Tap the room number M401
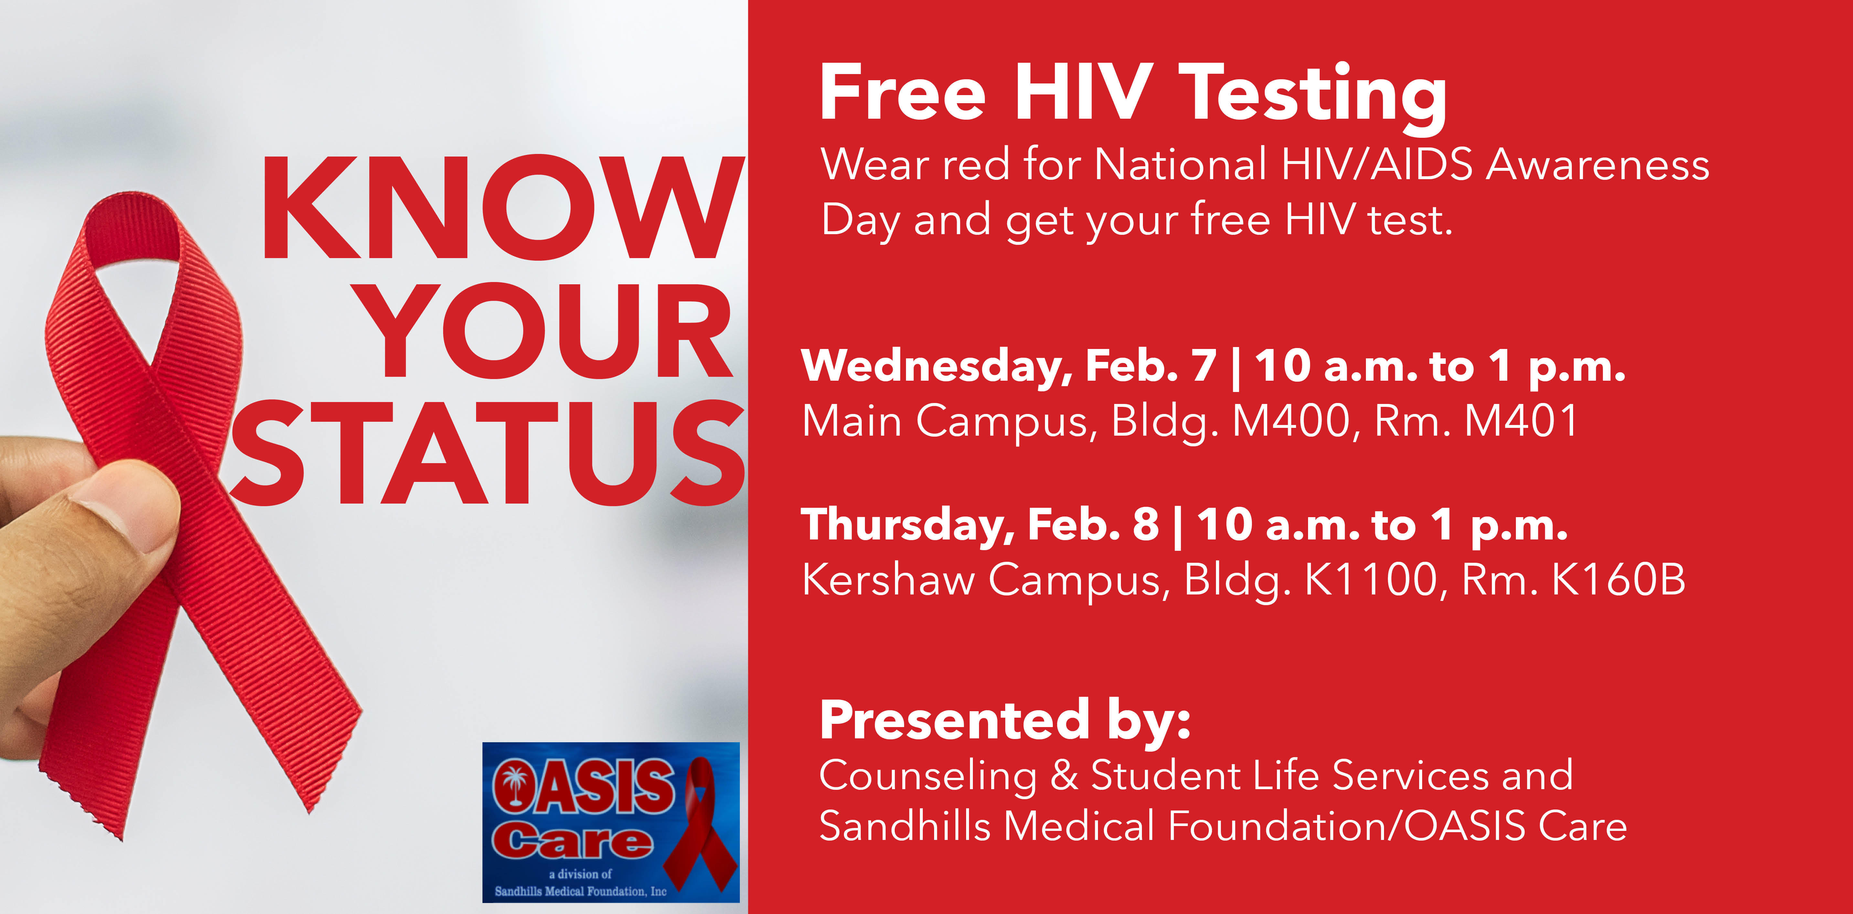point(1521,421)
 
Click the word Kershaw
point(889,579)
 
